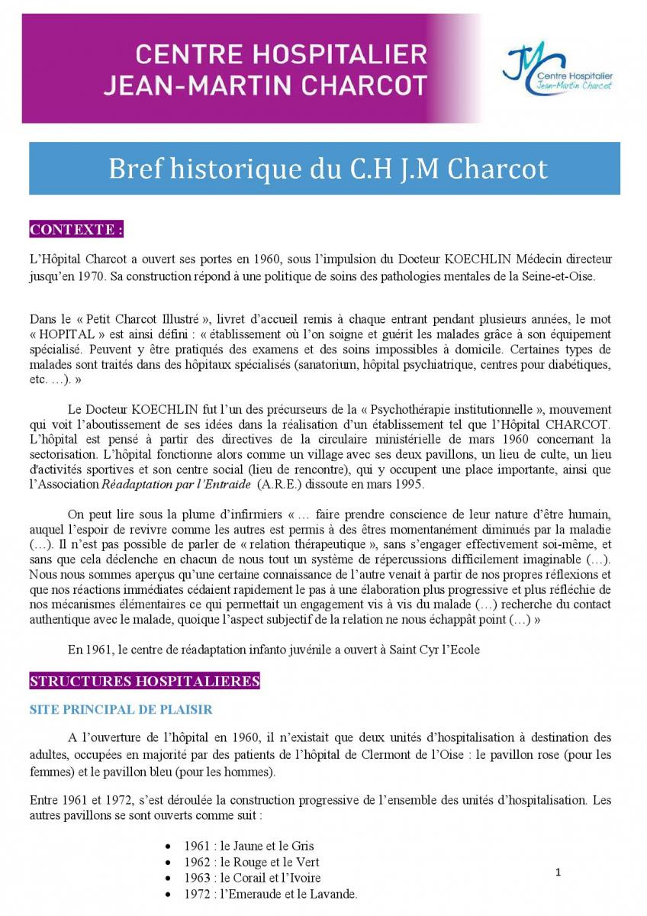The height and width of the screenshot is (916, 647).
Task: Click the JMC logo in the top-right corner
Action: click(x=557, y=69)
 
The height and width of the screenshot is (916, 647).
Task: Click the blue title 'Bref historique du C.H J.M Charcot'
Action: click(x=328, y=168)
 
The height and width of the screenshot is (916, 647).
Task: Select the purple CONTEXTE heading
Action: click(x=76, y=230)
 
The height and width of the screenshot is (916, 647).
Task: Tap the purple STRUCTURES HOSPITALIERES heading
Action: click(x=144, y=681)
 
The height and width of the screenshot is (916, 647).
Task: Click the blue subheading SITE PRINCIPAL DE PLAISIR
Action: click(x=121, y=709)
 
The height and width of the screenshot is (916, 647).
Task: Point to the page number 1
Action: click(x=558, y=872)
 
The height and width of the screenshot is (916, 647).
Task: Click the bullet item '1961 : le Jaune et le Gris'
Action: click(x=249, y=846)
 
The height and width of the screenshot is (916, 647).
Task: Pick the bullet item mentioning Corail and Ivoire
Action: click(x=253, y=878)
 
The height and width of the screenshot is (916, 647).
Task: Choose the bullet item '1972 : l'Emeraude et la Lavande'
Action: click(x=271, y=894)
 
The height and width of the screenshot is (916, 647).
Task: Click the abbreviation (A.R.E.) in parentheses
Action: click(x=284, y=484)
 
